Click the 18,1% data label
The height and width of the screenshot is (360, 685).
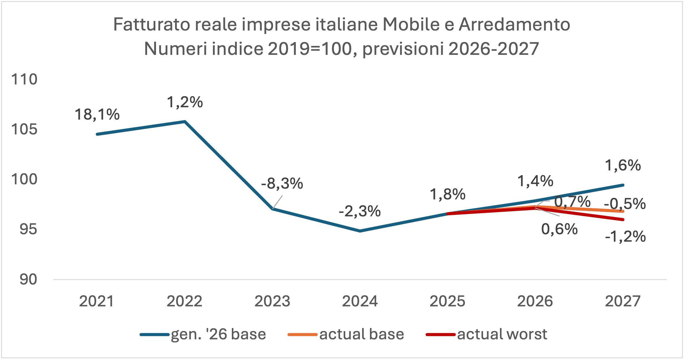click(x=97, y=115)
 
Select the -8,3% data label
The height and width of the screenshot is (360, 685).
click(x=282, y=184)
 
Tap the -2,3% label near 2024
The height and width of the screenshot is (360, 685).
click(x=359, y=211)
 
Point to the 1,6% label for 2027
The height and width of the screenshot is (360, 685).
click(x=623, y=166)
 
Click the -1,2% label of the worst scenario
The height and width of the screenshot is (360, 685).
click(x=625, y=237)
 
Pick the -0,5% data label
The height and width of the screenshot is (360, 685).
click(x=625, y=204)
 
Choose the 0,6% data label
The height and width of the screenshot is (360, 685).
click(x=559, y=229)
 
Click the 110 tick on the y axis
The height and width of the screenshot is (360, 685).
click(x=24, y=80)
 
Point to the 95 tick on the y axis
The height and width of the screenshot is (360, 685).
click(x=28, y=229)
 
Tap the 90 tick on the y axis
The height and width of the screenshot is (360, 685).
click(x=28, y=279)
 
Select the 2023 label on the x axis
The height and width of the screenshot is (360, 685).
click(x=272, y=301)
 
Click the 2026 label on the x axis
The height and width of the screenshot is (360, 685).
click(x=535, y=301)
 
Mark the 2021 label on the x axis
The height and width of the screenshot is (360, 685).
click(x=96, y=301)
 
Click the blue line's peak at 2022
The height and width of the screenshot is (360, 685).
click(x=185, y=121)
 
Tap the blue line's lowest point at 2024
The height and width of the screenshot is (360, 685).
click(x=360, y=231)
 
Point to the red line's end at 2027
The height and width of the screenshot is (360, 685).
click(x=623, y=219)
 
